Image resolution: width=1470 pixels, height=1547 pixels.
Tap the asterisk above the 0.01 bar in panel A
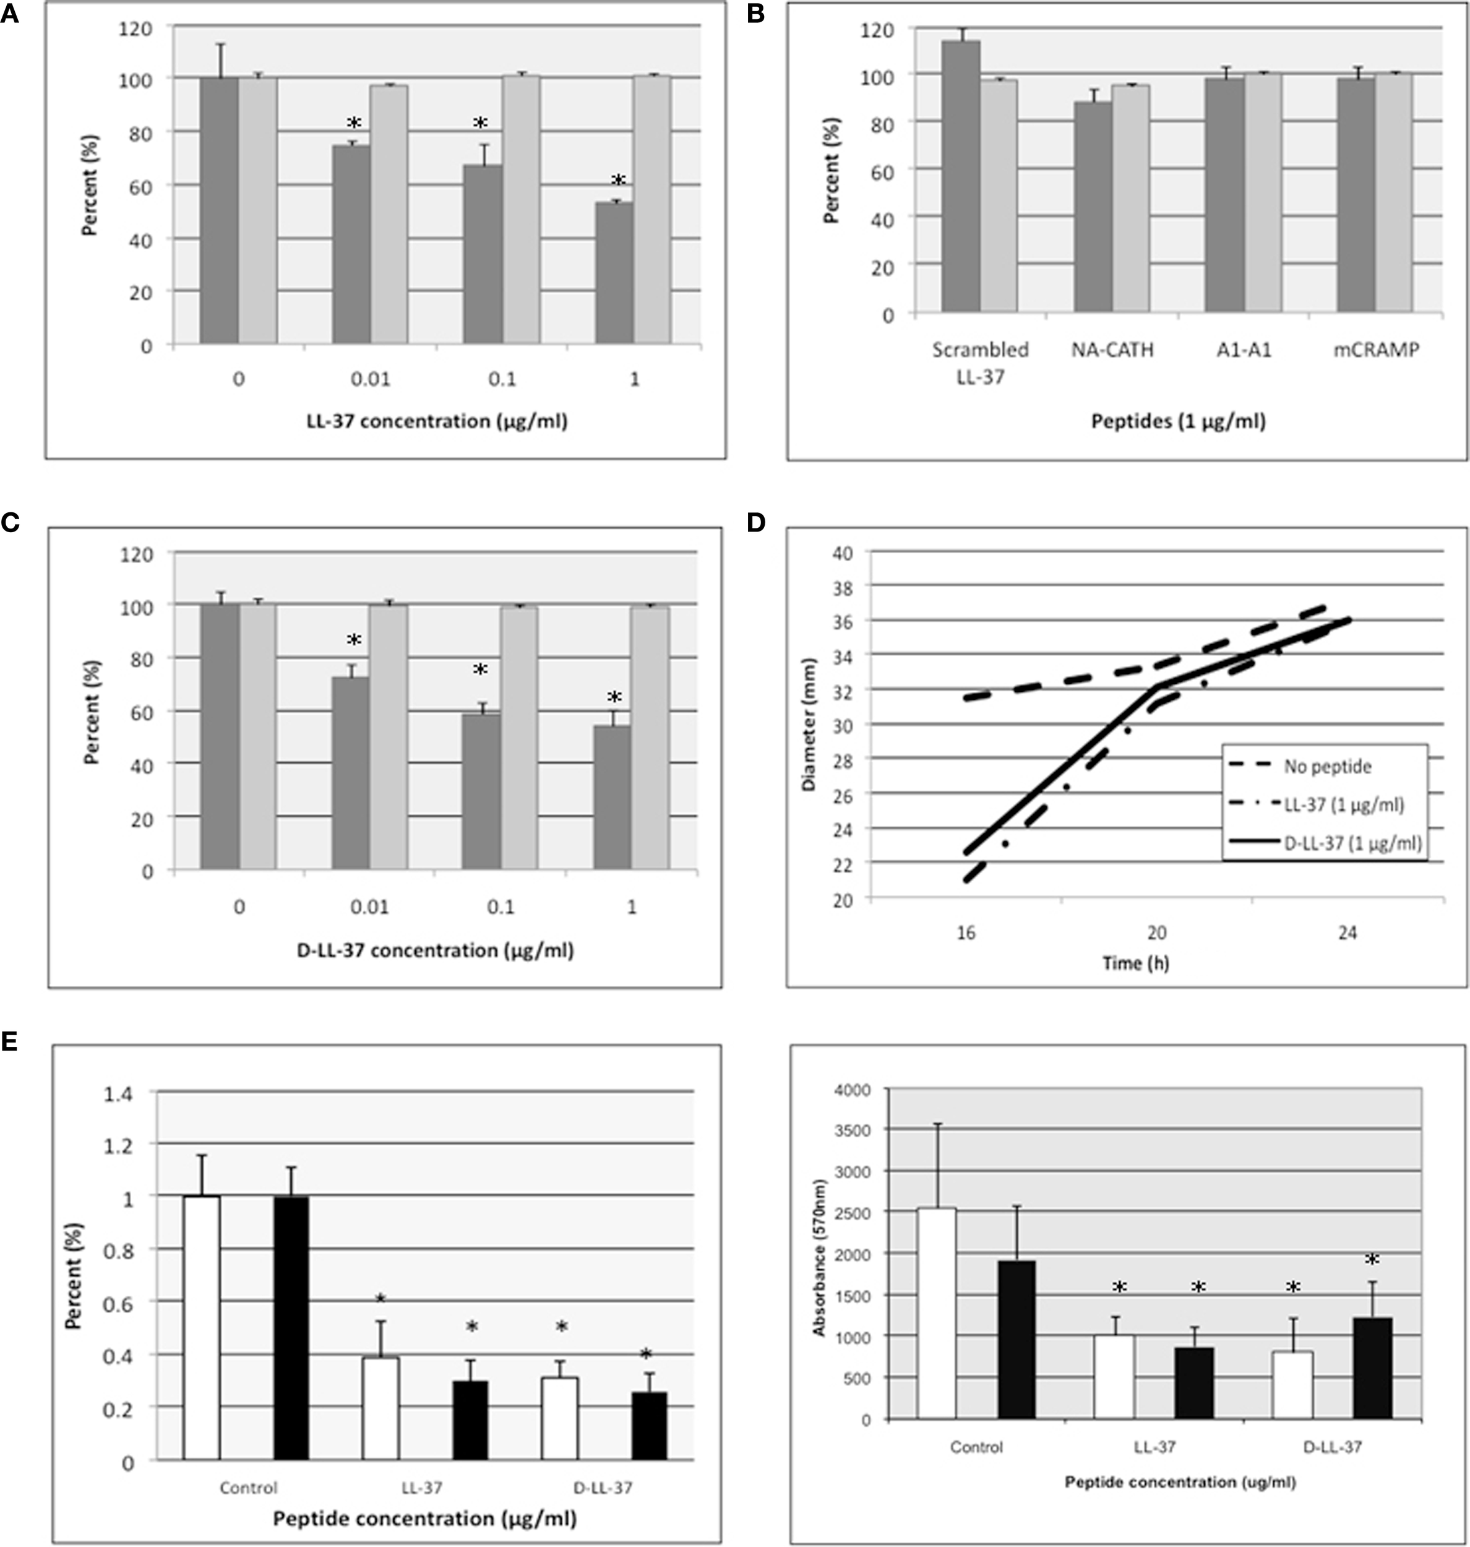pyautogui.click(x=353, y=123)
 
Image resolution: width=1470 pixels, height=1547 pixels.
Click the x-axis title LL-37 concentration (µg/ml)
pyautogui.click(x=436, y=421)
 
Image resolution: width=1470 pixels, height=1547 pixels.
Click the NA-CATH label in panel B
pyautogui.click(x=1112, y=350)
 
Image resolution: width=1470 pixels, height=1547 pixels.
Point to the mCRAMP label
pyautogui.click(x=1376, y=350)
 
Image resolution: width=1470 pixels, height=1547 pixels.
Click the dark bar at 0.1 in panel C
pyautogui.click(x=481, y=791)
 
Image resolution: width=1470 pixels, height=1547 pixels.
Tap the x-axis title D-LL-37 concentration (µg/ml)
pyautogui.click(x=435, y=950)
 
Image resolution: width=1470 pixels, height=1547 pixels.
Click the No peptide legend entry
pyautogui.click(x=1326, y=767)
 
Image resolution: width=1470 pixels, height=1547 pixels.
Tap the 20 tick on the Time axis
pyautogui.click(x=1156, y=933)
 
